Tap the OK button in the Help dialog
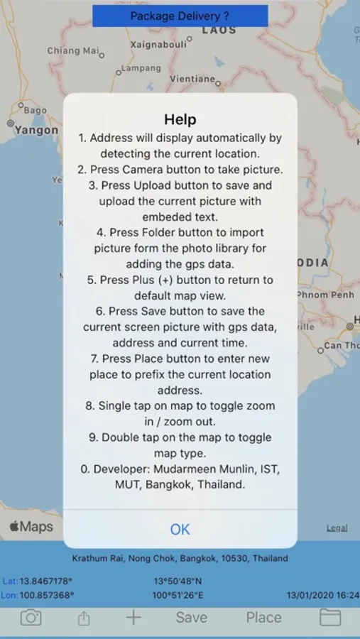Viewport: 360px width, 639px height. (180, 529)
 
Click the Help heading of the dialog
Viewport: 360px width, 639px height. (180, 119)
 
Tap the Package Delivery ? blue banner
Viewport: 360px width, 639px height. (180, 16)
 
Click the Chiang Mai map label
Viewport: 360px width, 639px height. (73, 51)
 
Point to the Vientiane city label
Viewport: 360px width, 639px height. (192, 79)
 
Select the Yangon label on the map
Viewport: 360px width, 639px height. (36, 130)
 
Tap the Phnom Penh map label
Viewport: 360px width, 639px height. (326, 295)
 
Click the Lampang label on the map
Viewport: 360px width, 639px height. (141, 68)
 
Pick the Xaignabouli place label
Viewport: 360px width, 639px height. (158, 45)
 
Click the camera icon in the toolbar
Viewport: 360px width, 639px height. (31, 618)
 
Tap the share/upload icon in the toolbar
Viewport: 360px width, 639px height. (83, 618)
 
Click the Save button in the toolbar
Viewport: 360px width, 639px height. (191, 618)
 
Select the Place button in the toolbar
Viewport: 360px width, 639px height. (263, 618)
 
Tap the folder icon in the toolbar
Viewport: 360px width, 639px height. (330, 618)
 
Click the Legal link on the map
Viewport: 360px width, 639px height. (337, 528)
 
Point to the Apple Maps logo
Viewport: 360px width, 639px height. (31, 527)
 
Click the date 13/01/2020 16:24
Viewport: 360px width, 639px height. (323, 596)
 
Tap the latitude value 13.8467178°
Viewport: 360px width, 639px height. (46, 581)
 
